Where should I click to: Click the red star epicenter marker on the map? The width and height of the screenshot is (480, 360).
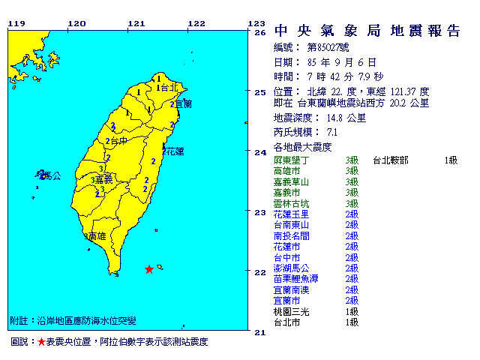[149, 268]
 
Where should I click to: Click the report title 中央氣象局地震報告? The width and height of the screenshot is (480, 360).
[367, 31]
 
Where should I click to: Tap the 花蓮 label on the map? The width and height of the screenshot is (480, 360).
[175, 151]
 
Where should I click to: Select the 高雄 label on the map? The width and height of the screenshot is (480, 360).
[96, 235]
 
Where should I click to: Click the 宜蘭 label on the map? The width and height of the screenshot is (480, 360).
[183, 103]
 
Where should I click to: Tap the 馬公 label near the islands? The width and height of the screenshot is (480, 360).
[51, 176]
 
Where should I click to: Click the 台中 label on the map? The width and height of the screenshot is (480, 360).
[117, 140]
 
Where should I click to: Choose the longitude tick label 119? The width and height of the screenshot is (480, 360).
[16, 23]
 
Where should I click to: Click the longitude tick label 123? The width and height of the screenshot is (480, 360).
[256, 23]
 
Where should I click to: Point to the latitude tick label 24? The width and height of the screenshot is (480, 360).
[260, 152]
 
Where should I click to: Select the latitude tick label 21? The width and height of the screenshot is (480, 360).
[260, 331]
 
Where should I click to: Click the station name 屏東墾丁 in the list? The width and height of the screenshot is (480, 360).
[291, 160]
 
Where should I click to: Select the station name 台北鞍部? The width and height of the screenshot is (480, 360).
[391, 160]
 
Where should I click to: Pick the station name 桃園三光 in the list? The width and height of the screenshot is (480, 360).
[291, 311]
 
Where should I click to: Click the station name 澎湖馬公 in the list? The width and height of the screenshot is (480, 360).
[291, 268]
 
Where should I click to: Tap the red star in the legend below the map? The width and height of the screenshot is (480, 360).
[41, 342]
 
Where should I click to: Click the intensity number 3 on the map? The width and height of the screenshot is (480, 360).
[99, 169]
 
